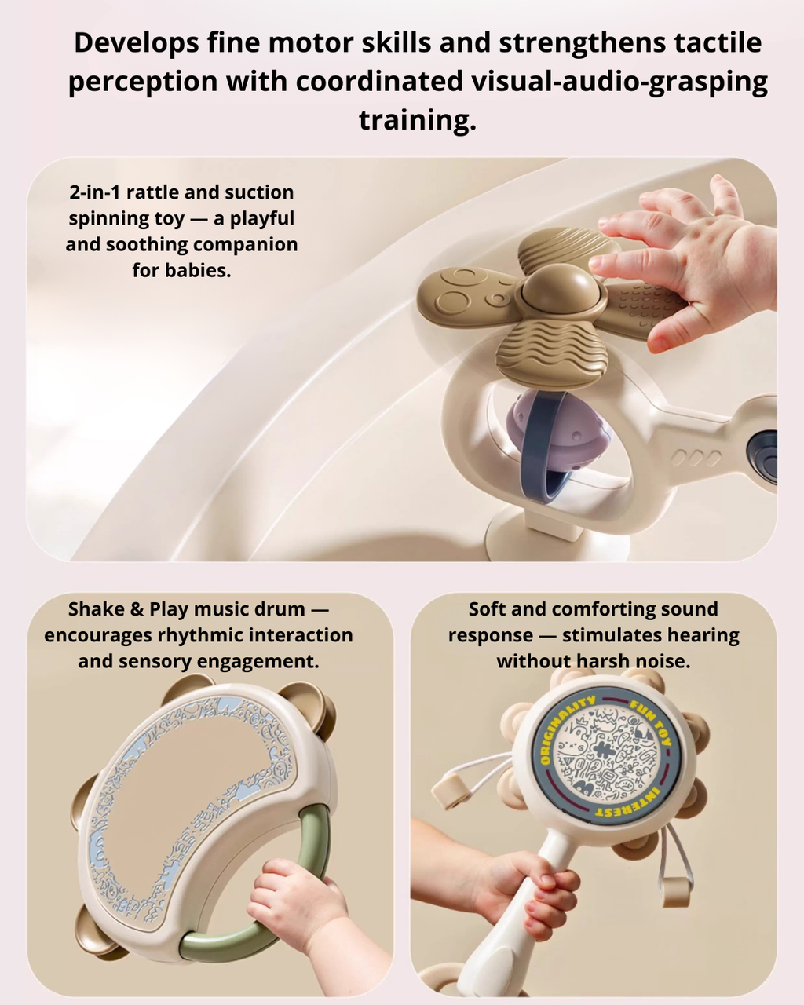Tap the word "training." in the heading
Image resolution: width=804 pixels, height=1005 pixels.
coord(417,120)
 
